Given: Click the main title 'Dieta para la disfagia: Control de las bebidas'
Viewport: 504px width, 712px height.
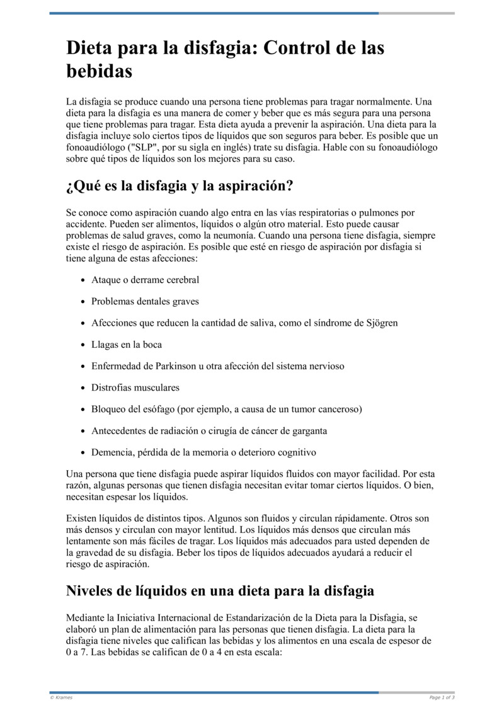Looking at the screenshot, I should pos(225,59).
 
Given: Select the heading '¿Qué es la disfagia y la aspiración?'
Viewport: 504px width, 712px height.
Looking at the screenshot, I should pos(180,187).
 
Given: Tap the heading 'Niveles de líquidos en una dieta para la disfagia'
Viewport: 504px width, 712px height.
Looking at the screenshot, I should pos(220,591).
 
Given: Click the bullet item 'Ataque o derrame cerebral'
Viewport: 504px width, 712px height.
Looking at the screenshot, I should pos(145,280).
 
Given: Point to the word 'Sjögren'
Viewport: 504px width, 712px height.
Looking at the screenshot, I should pos(382,323).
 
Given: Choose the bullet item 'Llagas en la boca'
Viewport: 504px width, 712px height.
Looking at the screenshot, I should pos(127,345).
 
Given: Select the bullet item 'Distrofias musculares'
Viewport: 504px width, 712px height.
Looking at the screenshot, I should pos(135,388).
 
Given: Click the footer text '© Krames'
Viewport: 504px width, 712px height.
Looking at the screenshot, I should pos(61,698).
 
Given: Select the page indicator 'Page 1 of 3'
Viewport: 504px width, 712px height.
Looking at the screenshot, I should pos(442,698).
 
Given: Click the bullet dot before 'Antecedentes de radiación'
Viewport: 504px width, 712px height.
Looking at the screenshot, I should pos(83,431).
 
